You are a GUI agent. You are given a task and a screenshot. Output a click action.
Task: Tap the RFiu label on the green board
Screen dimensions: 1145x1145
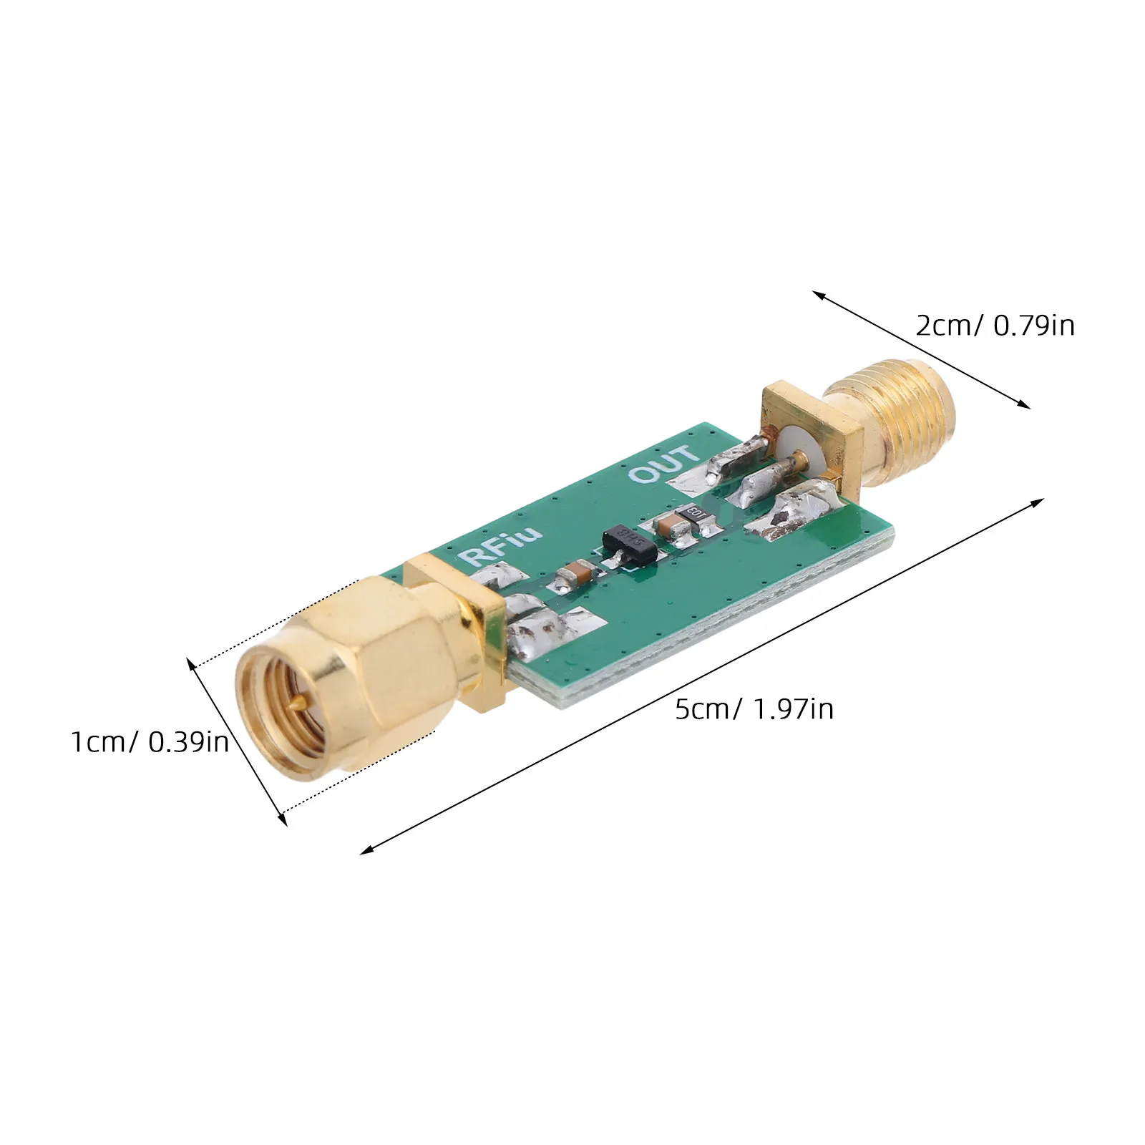[504, 546]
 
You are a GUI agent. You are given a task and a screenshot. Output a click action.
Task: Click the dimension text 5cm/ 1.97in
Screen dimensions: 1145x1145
[754, 709]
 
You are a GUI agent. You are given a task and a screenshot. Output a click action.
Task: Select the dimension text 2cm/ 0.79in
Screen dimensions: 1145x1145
[995, 326]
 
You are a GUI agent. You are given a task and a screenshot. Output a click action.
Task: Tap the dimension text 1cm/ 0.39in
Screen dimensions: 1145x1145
[150, 742]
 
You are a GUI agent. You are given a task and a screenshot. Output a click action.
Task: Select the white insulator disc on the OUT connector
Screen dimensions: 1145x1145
[800, 447]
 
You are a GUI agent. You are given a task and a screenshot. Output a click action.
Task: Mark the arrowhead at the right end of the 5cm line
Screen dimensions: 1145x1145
[1038, 502]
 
